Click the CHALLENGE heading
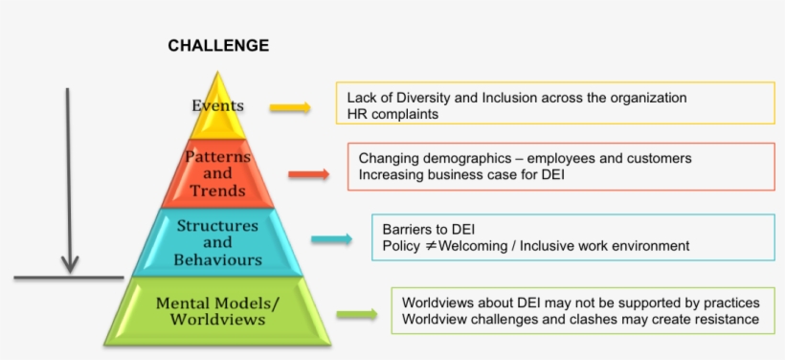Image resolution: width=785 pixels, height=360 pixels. click(x=218, y=46)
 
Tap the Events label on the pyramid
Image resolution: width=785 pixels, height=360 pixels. click(x=217, y=105)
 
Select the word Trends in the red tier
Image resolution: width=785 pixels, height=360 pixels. click(x=217, y=191)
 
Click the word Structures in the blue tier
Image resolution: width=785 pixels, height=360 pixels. click(x=217, y=225)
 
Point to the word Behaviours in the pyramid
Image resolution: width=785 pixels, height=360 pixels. click(x=217, y=259)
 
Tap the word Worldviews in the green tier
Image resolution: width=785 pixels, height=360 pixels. click(x=217, y=320)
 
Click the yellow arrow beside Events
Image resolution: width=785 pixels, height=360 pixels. click(x=290, y=107)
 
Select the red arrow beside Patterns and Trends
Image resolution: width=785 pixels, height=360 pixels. click(x=309, y=174)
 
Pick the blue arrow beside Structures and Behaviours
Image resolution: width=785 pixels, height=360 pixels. click(x=332, y=239)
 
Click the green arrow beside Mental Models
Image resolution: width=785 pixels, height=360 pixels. click(x=357, y=314)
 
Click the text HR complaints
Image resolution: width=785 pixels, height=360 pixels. click(x=393, y=114)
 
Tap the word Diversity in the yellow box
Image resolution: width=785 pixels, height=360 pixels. click(x=444, y=98)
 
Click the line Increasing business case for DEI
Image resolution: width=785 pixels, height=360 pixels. click(x=461, y=175)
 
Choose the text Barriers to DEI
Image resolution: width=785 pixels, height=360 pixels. click(x=429, y=230)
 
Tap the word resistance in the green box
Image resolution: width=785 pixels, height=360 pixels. click(x=726, y=319)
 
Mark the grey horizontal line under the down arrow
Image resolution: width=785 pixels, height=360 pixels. click(x=69, y=277)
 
